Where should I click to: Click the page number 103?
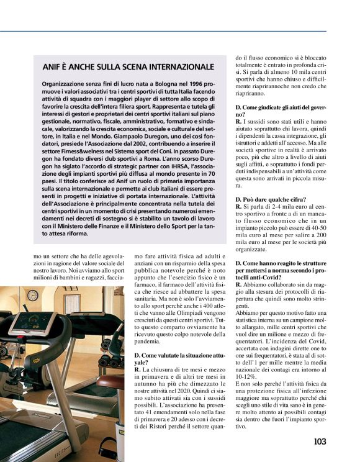click(319, 442)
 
